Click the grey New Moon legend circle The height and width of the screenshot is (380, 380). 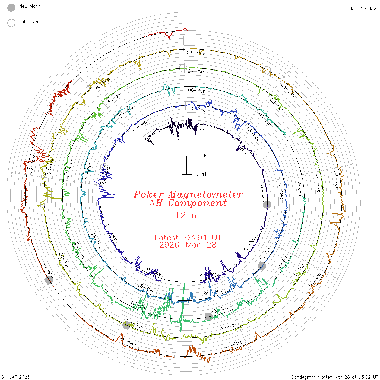[11, 8]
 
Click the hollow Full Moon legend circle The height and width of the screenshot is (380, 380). [11, 23]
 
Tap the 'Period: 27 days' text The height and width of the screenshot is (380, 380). [361, 9]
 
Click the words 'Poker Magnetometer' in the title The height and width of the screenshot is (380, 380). [188, 194]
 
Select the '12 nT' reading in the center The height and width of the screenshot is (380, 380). [188, 215]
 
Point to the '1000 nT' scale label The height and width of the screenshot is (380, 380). [206, 156]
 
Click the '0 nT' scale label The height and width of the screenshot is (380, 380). [201, 174]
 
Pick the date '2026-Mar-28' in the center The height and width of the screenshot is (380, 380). [188, 245]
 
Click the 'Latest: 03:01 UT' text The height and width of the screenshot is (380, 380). [188, 237]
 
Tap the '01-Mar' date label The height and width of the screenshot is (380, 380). [196, 53]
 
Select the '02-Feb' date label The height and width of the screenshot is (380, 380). [196, 72]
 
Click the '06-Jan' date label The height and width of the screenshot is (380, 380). [197, 90]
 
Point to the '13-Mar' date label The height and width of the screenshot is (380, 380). [234, 344]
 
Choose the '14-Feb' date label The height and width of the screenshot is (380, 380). [226, 327]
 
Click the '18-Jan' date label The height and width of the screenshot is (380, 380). [220, 310]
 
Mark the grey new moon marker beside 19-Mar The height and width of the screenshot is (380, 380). [49, 280]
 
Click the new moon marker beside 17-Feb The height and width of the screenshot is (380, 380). [126, 325]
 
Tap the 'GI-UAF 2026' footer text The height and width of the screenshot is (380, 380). [15, 377]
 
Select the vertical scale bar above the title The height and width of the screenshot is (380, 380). [187, 165]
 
